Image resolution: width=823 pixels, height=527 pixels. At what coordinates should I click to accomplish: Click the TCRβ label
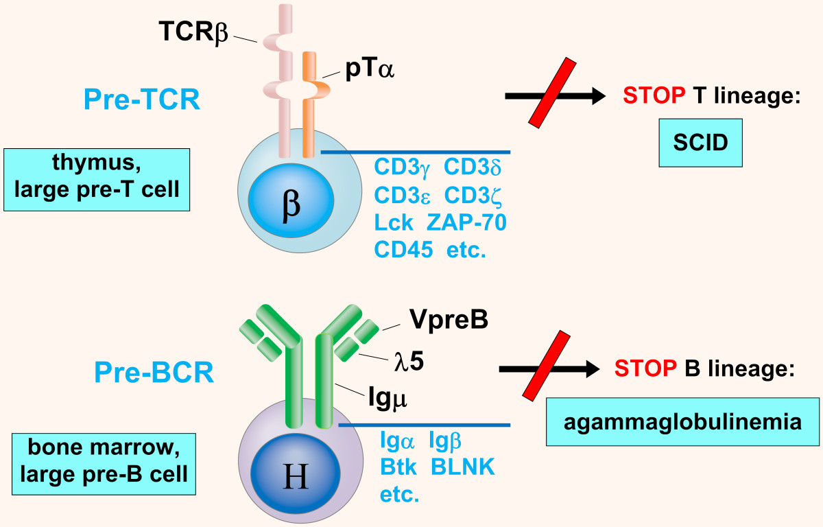tap(195, 32)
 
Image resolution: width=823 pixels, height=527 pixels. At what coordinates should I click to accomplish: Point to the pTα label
tap(370, 71)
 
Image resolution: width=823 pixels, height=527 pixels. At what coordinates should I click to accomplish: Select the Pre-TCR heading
tap(142, 100)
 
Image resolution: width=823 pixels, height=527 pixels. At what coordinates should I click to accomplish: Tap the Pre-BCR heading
tap(154, 373)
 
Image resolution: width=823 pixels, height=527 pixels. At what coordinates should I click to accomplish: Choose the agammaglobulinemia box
tap(682, 421)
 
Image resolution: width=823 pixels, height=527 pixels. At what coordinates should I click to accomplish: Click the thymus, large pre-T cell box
tap(96, 178)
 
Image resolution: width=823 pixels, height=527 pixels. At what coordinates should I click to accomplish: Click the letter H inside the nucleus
tap(296, 477)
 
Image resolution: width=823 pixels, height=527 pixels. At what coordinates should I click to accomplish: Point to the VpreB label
tap(449, 319)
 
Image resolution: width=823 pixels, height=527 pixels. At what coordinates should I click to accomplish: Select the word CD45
tap(403, 250)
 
